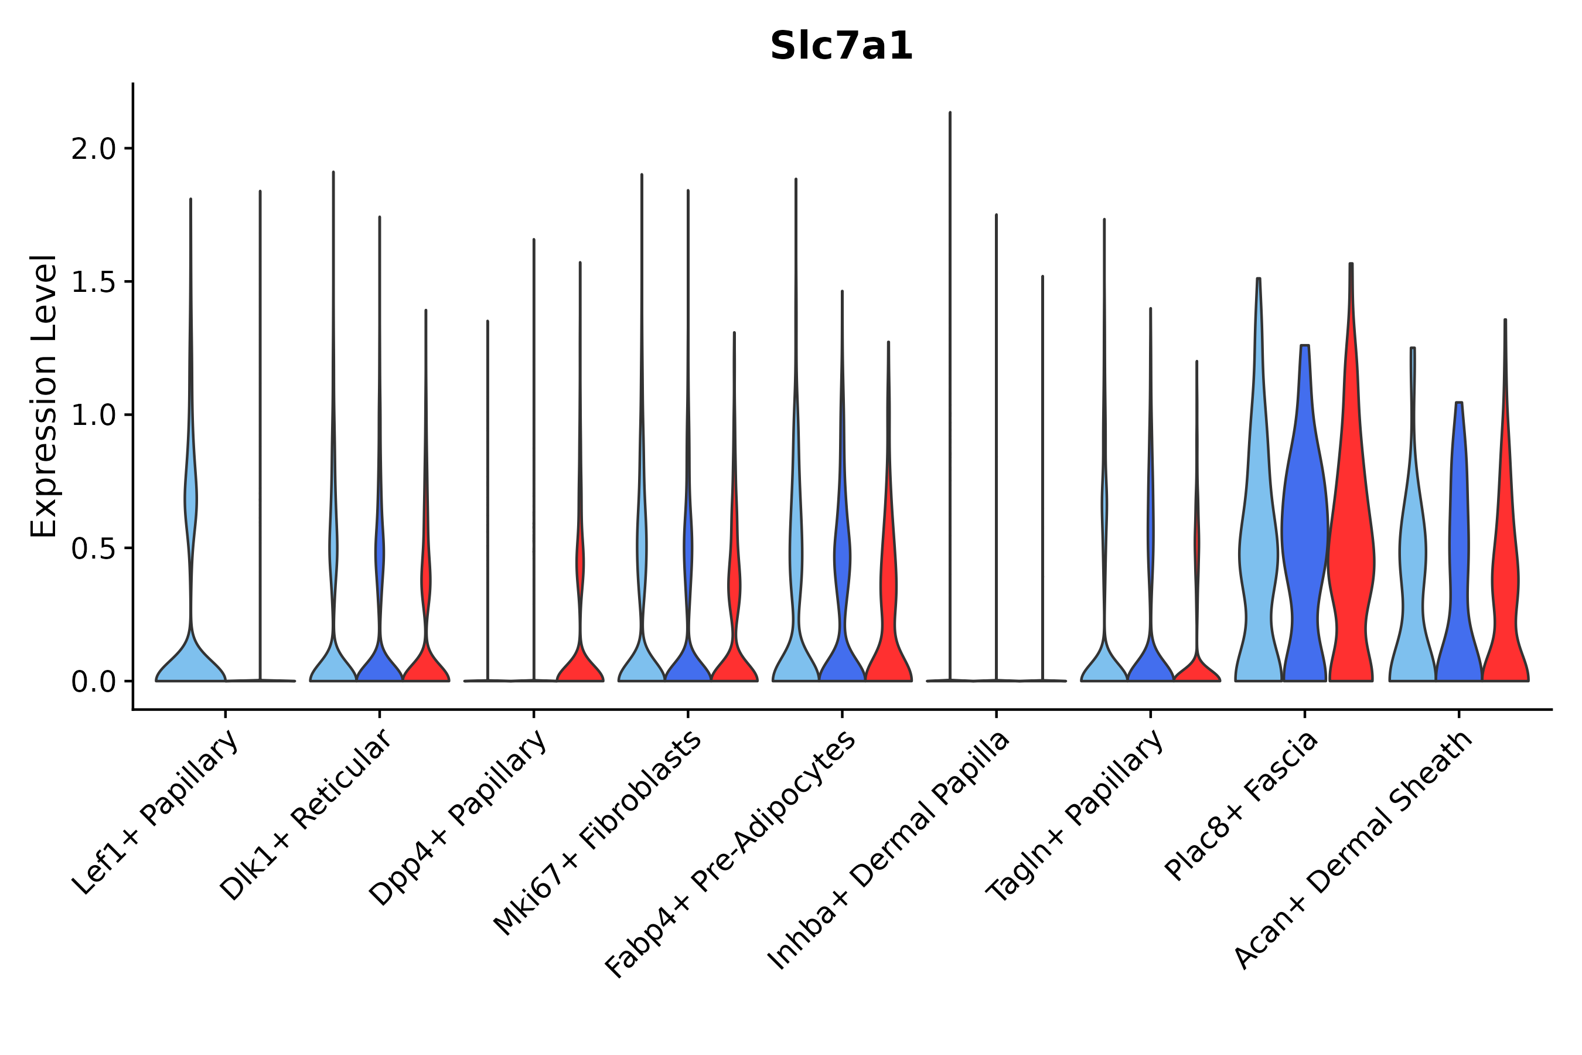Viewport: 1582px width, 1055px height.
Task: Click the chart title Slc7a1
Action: (x=841, y=46)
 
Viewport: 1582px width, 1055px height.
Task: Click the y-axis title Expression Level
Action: (x=44, y=396)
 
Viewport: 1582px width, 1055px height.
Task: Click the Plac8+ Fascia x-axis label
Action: (x=1242, y=805)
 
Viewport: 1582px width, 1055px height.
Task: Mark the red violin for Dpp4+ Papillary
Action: (x=580, y=663)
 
